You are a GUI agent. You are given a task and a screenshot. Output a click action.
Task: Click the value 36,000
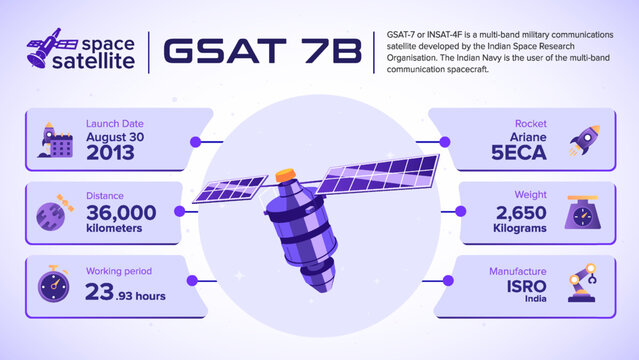pyautogui.click(x=121, y=212)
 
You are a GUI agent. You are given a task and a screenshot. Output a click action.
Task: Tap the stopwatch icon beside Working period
pyautogui.click(x=54, y=284)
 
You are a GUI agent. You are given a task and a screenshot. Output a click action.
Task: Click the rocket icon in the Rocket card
pyautogui.click(x=584, y=141)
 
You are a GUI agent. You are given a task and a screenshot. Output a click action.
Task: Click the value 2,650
pyautogui.click(x=519, y=212)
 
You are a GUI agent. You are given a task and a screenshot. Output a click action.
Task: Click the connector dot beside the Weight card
pyautogui.click(x=462, y=212)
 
